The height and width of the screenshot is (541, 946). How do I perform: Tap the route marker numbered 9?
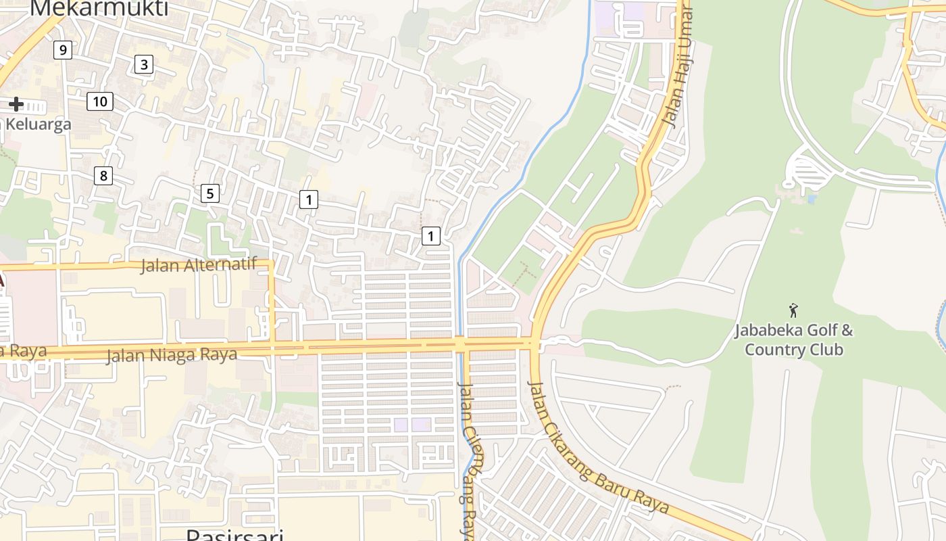[62, 49]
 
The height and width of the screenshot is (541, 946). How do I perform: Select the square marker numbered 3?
[143, 64]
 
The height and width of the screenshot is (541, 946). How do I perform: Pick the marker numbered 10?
[99, 102]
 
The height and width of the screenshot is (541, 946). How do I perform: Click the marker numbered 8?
[103, 177]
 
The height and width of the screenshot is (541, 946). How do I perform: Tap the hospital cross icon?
[16, 104]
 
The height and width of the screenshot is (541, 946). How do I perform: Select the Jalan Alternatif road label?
[199, 265]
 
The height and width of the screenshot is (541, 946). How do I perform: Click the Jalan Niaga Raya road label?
[171, 355]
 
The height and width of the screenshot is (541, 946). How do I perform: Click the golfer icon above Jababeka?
[793, 311]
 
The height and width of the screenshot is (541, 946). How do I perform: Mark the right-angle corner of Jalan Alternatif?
[272, 262]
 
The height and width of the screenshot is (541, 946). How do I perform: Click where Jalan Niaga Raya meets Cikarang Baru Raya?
[534, 344]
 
